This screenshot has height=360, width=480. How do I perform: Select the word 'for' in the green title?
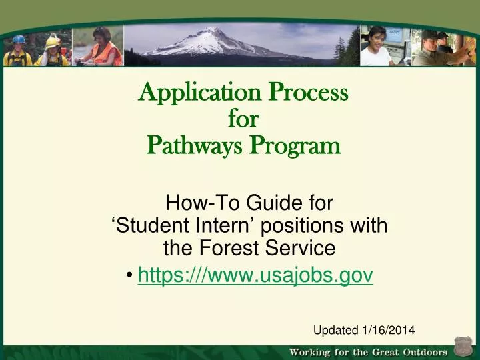[243, 119]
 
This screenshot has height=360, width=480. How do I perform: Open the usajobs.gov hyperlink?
[255, 274]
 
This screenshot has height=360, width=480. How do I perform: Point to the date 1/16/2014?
[388, 330]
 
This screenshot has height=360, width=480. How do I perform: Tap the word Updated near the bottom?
[336, 330]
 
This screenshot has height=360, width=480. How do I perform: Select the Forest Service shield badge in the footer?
[463, 348]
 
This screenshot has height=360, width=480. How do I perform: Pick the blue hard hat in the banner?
[18, 39]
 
